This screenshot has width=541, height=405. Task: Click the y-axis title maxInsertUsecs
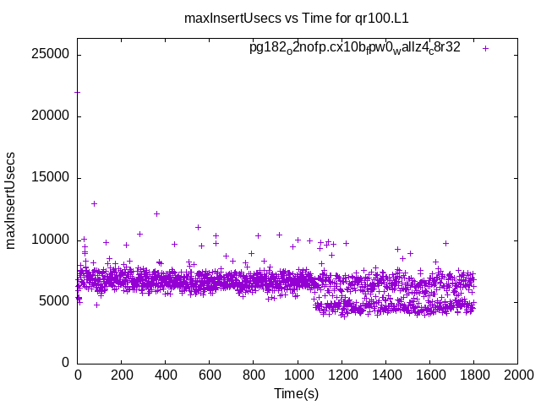11,200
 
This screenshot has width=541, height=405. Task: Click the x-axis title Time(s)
297,393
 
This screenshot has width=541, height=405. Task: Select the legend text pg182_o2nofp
355,47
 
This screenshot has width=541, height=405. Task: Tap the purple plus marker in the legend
485,48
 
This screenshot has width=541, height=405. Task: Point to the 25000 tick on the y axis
52,55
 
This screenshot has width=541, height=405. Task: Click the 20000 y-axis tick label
52,116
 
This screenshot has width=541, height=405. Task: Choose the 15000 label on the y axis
52,178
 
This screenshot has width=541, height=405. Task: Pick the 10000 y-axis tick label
52,240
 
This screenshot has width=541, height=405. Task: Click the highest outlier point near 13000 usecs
94,203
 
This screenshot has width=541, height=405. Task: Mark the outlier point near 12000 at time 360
156,213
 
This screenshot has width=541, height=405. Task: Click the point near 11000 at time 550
198,227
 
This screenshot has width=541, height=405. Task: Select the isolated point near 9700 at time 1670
445,243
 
